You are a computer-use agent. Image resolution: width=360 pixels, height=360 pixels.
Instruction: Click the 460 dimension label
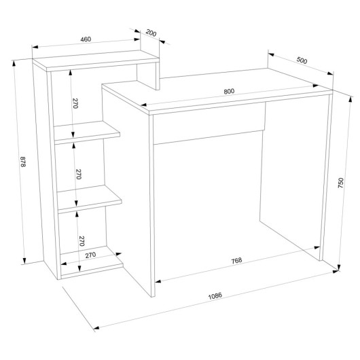(86, 39)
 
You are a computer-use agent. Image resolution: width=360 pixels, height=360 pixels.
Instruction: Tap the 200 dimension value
(151, 33)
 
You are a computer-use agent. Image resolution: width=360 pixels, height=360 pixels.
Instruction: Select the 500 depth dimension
(302, 60)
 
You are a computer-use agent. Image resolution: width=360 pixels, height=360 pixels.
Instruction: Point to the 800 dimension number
(229, 92)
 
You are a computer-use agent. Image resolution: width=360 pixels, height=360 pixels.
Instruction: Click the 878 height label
(23, 162)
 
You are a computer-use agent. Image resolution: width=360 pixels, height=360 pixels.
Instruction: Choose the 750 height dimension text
(340, 183)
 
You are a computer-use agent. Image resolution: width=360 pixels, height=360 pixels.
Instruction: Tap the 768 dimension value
(236, 260)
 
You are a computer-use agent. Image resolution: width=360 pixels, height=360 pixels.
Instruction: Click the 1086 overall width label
(215, 296)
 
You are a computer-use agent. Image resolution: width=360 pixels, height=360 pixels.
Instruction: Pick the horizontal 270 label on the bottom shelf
(90, 255)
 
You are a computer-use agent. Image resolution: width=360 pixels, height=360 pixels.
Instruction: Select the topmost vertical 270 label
(75, 103)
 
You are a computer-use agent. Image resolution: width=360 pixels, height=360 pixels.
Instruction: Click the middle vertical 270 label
(79, 174)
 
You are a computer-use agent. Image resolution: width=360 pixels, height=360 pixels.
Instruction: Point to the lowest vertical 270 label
(82, 241)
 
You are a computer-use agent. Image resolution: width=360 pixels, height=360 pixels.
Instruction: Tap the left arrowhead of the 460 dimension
(35, 47)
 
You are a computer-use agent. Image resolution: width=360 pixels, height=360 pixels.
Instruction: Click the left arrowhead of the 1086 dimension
(96, 327)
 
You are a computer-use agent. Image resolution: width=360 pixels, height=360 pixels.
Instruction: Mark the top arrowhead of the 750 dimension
(350, 99)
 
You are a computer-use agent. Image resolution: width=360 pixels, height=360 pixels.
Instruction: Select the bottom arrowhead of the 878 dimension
(24, 261)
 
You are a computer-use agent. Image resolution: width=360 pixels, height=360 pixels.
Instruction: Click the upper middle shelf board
(87, 132)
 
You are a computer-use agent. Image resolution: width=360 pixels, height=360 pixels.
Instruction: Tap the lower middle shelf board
(89, 199)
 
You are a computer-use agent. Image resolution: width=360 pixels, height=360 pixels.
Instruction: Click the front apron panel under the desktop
(209, 123)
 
